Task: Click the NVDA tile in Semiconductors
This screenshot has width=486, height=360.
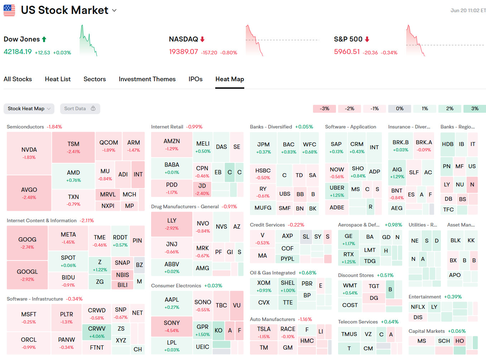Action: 29,153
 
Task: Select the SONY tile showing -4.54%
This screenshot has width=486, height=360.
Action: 172,326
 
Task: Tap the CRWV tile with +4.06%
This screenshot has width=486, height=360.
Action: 97,332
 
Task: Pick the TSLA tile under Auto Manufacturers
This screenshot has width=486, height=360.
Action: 264,332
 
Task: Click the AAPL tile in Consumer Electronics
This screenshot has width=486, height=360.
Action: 172,303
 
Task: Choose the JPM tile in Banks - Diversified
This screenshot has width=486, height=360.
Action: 263,148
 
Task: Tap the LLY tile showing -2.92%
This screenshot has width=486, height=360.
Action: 172,224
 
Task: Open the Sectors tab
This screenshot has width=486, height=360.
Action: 95,79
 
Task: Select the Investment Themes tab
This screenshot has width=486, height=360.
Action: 147,79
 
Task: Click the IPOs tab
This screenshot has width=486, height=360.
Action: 196,79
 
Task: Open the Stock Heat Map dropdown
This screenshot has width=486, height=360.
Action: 29,108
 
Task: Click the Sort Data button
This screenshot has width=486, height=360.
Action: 80,108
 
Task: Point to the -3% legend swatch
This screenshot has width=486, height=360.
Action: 324,108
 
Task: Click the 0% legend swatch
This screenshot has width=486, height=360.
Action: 400,108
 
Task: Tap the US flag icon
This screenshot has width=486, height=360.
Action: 9,10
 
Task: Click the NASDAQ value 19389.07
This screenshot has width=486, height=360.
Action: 183,52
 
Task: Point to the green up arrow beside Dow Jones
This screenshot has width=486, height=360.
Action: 44,39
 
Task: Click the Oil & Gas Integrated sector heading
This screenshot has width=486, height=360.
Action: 273,273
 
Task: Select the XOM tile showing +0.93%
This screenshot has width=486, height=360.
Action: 264,286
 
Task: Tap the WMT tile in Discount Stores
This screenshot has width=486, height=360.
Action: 350,289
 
